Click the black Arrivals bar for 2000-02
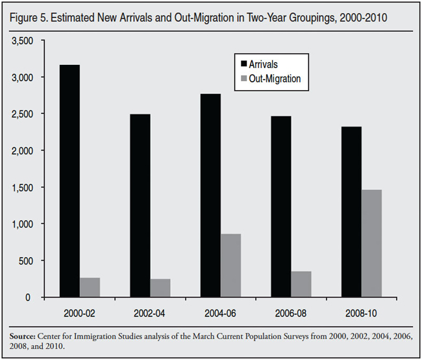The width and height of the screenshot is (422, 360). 69,181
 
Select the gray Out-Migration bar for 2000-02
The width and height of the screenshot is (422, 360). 90,287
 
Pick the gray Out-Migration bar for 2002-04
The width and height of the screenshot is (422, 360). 160,288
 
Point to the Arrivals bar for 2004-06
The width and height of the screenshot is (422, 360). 210,195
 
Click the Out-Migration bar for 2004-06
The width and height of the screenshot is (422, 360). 230,265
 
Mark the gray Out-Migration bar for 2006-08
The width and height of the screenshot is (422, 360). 301,284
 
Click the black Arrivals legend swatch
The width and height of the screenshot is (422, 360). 243,64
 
